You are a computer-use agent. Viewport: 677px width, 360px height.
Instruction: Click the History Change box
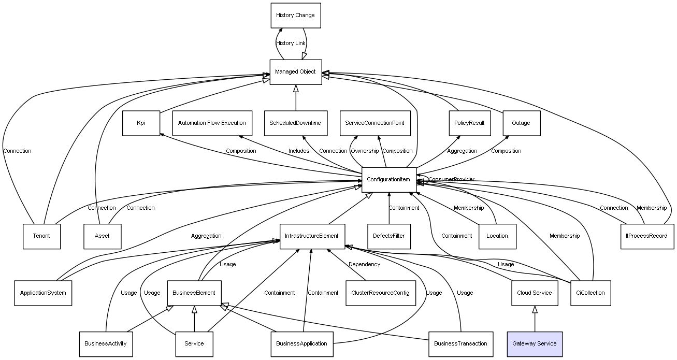295,16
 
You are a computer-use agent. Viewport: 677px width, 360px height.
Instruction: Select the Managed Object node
295,71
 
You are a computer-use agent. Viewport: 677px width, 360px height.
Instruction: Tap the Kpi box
141,123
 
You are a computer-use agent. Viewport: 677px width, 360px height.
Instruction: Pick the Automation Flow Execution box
212,123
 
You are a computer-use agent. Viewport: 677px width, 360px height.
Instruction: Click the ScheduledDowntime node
295,123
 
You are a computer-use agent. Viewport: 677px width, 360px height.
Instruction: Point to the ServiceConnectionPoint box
374,123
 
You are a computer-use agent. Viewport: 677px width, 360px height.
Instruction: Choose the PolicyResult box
469,123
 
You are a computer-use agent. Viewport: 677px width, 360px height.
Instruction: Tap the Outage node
521,123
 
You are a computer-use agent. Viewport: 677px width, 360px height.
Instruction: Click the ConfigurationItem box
388,180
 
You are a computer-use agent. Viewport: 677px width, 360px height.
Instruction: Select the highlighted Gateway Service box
534,343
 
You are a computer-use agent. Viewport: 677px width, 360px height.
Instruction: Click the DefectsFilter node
388,236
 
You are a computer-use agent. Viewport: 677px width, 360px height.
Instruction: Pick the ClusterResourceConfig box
380,293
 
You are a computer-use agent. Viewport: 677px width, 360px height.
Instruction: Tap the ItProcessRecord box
647,236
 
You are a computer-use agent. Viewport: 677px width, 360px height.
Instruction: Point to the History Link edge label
291,44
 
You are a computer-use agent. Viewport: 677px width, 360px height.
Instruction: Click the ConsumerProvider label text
451,179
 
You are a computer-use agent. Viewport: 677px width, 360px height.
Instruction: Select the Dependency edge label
364,264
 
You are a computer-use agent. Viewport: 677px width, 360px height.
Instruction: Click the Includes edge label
299,151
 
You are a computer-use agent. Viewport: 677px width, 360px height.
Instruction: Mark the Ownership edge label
365,151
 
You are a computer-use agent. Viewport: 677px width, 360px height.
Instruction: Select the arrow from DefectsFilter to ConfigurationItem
388,208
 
